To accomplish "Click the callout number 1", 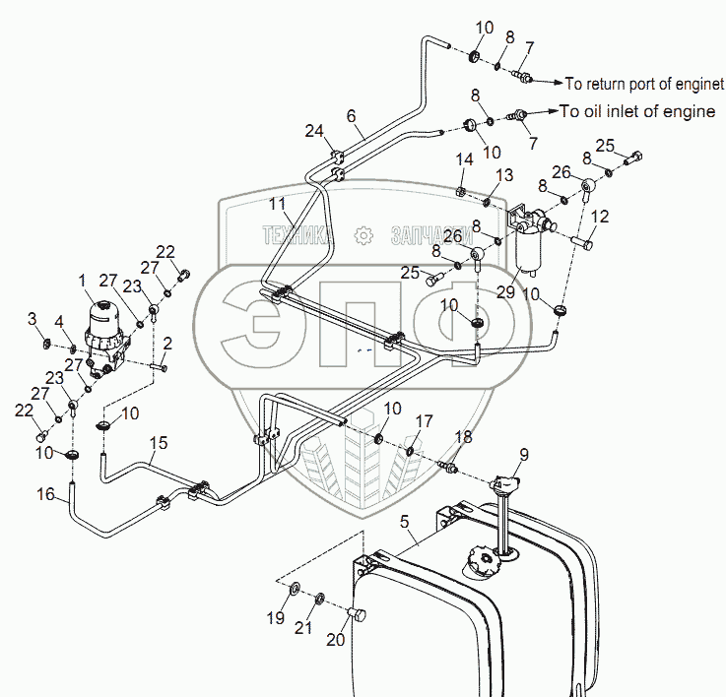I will [84, 281].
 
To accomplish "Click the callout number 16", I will [44, 494].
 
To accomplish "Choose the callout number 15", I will [158, 444].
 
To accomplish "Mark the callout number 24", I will [313, 131].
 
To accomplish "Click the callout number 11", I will [279, 204].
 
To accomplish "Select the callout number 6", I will [351, 115].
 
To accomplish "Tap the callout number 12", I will [600, 216].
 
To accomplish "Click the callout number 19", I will [275, 618].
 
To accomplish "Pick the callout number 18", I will [462, 435].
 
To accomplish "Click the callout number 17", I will [423, 421].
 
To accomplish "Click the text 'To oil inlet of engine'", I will [637, 111].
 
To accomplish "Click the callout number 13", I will [503, 175].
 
